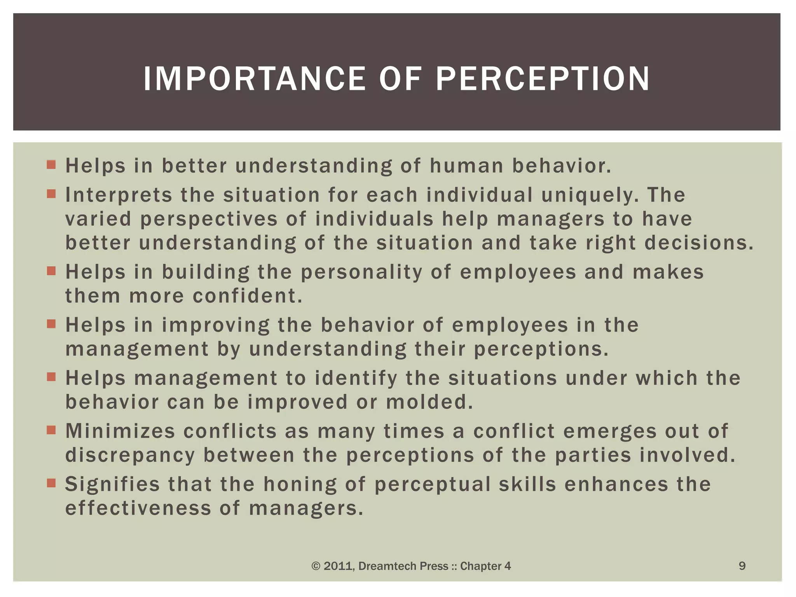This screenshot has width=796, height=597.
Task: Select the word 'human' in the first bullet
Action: [466, 166]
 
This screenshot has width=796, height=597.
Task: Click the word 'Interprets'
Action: [119, 195]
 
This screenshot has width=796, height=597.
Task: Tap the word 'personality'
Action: [361, 272]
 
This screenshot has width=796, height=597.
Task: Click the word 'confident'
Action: [247, 296]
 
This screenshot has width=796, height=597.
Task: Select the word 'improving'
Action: [216, 325]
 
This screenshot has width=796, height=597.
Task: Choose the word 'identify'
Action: [356, 378]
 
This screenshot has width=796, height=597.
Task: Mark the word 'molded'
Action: [429, 402]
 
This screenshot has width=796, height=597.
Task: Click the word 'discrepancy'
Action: [130, 456]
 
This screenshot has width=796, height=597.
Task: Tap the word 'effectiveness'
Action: [138, 509]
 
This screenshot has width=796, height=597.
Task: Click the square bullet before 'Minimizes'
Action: [51, 430]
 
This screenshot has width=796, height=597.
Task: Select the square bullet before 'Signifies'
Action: [51, 483]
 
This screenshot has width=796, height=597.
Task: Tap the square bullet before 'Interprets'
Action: [51, 194]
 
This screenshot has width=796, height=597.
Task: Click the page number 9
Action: [742, 566]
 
